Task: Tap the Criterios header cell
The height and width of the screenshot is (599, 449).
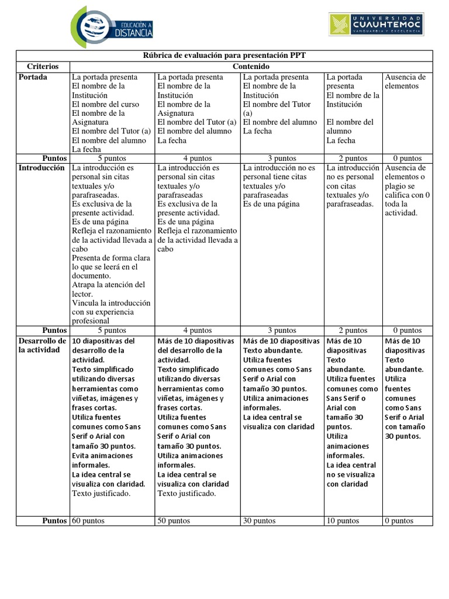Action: (x=43, y=67)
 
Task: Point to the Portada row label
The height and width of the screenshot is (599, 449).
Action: (x=33, y=77)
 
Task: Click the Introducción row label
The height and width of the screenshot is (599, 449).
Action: (x=41, y=167)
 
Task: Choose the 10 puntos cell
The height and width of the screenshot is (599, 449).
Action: (x=343, y=521)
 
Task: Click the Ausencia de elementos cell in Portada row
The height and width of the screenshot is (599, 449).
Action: (x=405, y=81)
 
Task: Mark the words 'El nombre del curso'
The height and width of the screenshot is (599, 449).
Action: (x=105, y=104)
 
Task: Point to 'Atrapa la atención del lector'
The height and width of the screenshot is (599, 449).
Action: (x=108, y=290)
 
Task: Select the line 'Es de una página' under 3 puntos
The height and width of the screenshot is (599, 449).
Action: (x=271, y=204)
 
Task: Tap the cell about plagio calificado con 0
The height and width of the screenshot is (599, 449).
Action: (x=407, y=190)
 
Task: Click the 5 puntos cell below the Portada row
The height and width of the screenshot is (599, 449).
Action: (x=111, y=158)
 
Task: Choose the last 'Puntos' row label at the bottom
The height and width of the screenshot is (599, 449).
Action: (x=54, y=521)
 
